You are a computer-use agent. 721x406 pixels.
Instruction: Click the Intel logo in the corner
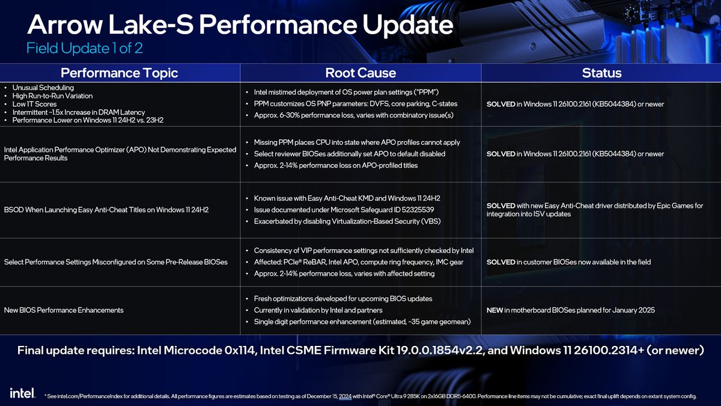point(22,393)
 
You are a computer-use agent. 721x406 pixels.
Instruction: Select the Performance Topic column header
point(120,73)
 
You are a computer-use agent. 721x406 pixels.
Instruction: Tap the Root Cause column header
point(360,73)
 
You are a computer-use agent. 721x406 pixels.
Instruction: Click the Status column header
point(601,73)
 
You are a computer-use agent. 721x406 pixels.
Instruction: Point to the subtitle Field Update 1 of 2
point(84,48)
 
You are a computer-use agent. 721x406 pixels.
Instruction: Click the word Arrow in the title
point(67,25)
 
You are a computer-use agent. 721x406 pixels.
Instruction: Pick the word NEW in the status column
point(494,311)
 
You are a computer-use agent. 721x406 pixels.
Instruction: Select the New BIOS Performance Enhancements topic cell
point(64,311)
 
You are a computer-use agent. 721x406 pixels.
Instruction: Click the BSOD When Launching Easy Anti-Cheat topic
point(106,210)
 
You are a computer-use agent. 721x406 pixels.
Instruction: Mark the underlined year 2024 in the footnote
point(345,396)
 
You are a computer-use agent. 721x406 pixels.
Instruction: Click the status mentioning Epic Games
point(594,210)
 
